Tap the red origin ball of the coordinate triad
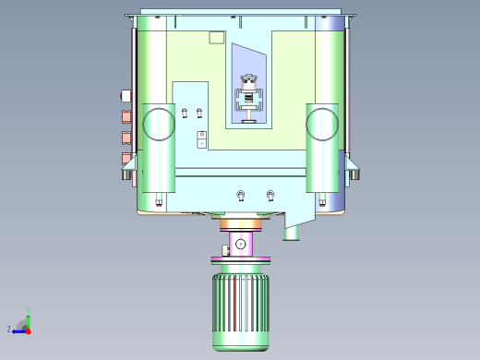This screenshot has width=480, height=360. point(28,330)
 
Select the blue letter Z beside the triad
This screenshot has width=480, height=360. point(8,329)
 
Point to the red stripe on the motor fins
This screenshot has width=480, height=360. point(234,310)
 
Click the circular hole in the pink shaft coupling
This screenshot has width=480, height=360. point(240,244)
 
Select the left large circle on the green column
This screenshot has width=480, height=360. point(157,123)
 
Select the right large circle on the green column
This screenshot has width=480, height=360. point(322,123)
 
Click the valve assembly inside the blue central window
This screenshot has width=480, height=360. point(247,97)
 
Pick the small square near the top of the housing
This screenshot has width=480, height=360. point(217,37)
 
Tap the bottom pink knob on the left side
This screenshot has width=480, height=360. point(126,158)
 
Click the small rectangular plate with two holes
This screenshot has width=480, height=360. point(202,138)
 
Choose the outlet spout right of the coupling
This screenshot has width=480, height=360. point(293,231)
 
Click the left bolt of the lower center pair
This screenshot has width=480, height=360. point(241,195)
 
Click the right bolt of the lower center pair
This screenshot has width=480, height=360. point(270,195)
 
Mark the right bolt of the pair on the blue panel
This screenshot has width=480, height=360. point(199,113)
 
